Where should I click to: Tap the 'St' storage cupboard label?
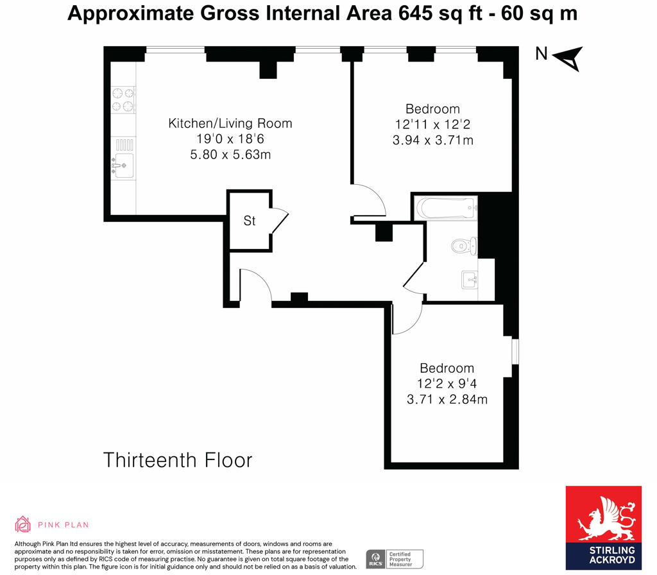[250, 221]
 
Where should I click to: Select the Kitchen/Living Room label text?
[230, 123]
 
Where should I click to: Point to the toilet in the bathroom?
[463, 245]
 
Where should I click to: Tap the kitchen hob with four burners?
[123, 99]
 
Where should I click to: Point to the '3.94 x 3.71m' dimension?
[432, 139]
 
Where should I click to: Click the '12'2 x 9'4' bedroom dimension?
[447, 384]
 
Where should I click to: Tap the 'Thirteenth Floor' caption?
[178, 460]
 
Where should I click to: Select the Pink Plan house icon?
[23, 524]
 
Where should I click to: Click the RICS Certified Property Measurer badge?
[395, 558]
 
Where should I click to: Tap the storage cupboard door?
[280, 222]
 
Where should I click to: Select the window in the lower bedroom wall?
[515, 357]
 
